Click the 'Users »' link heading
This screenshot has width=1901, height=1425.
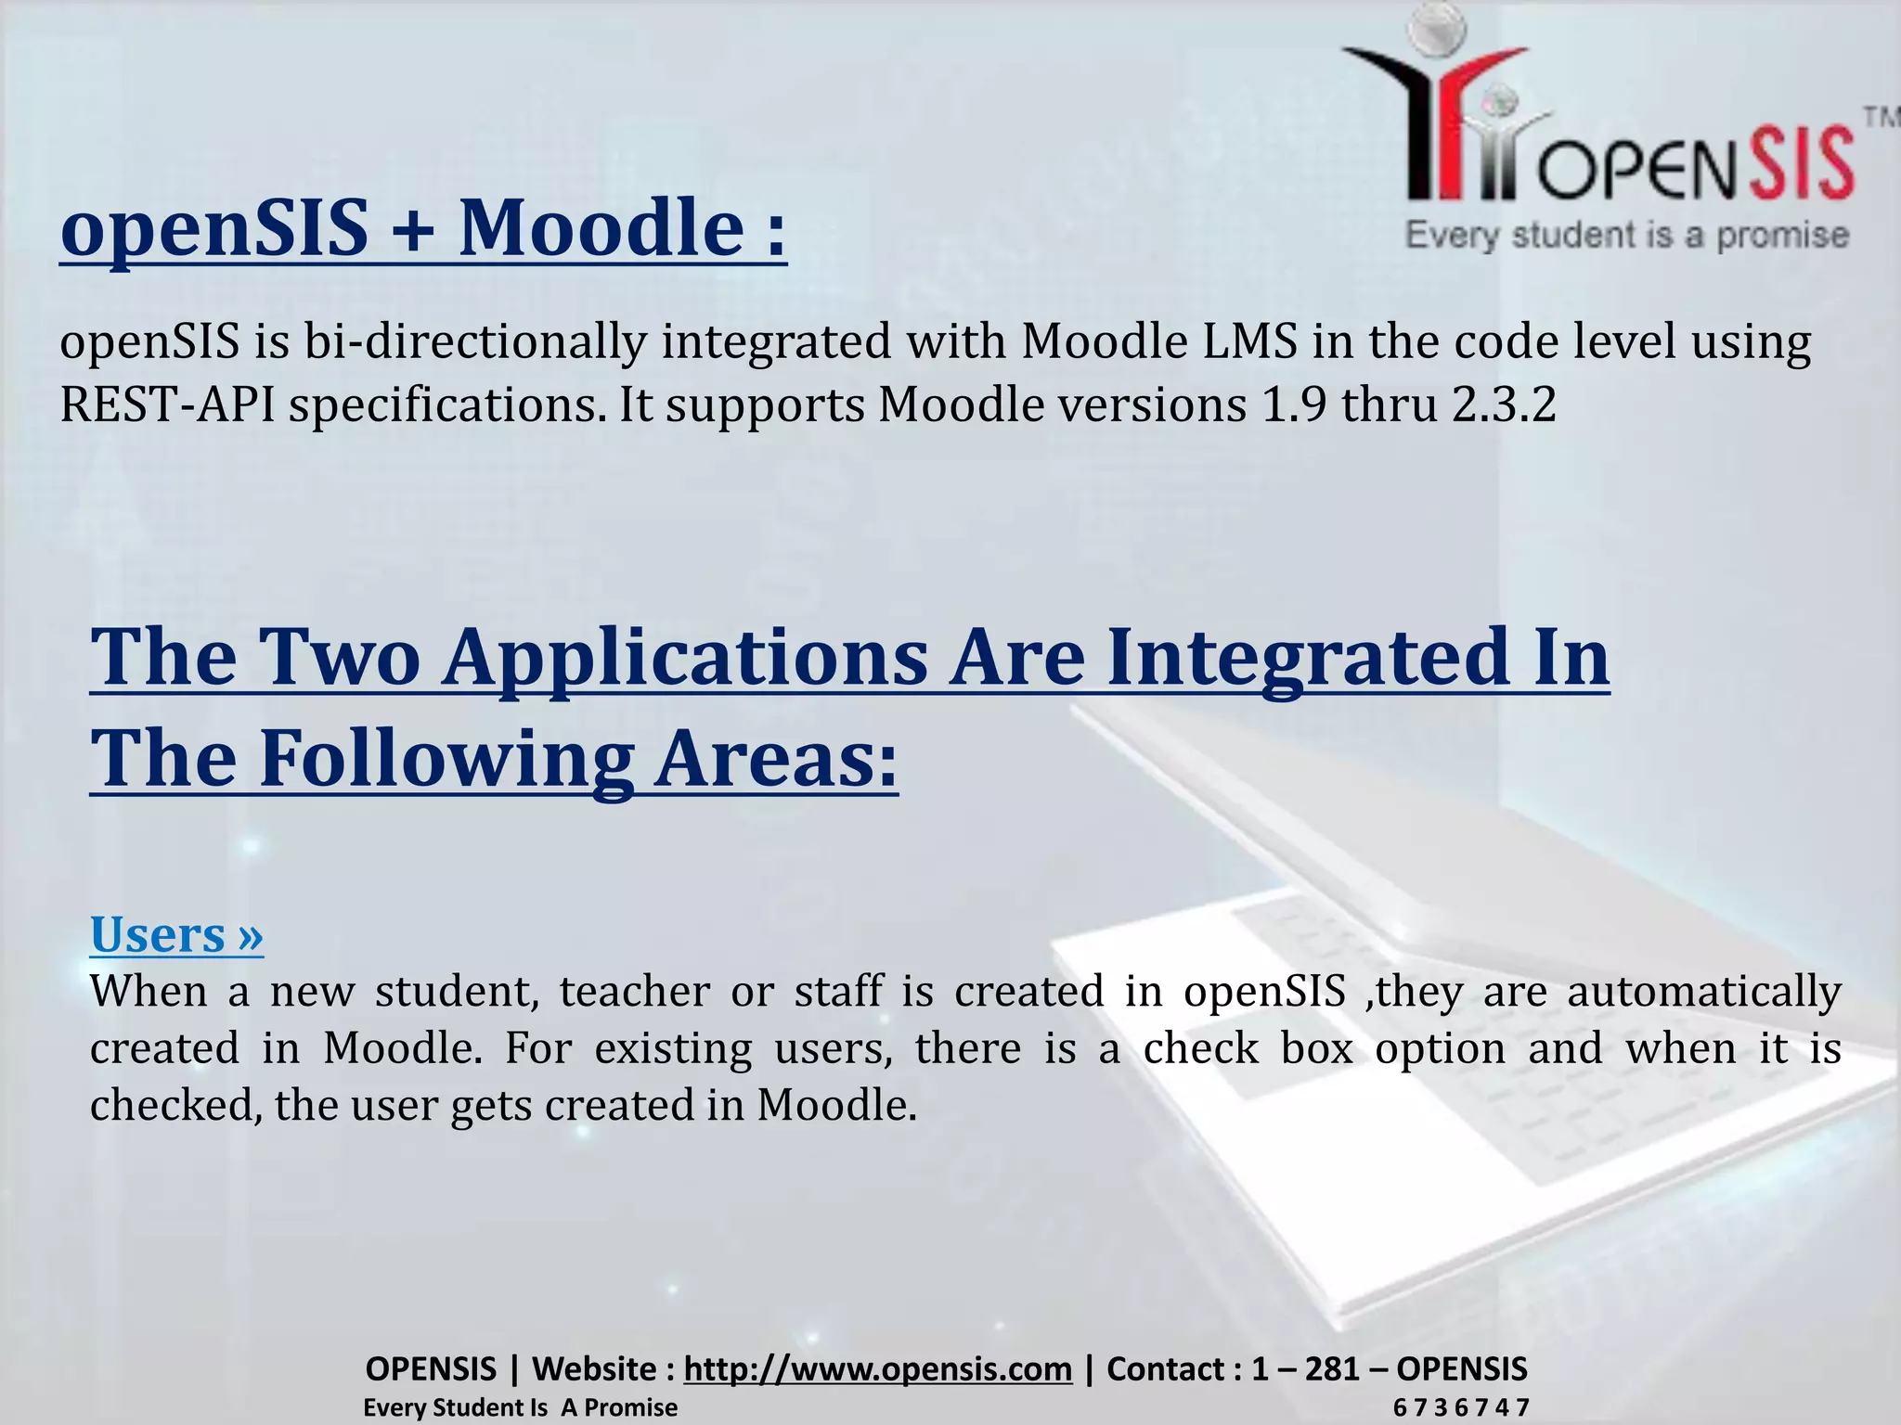click(176, 934)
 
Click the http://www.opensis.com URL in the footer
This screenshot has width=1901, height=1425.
click(877, 1368)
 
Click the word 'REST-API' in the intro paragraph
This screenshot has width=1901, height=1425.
click(167, 405)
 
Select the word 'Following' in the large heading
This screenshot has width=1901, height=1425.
click(446, 758)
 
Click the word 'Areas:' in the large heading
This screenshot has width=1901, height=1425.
click(776, 758)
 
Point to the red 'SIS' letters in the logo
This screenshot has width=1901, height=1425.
click(1802, 165)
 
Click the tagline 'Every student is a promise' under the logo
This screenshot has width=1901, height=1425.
click(1626, 236)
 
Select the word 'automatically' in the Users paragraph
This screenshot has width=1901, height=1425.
click(1703, 992)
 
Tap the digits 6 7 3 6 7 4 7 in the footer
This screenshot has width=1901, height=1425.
click(1460, 1408)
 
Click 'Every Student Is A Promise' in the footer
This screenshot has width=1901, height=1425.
click(520, 1408)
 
